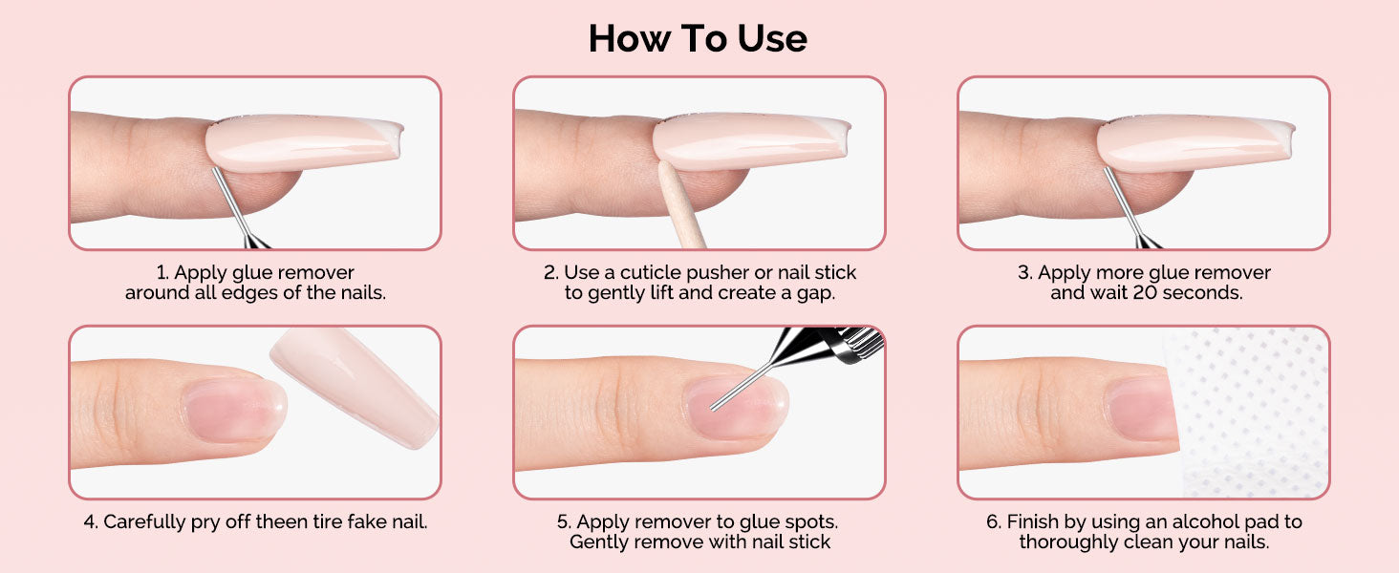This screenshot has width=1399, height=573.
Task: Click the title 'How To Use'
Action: (x=698, y=38)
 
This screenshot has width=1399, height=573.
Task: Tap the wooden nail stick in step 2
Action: (x=680, y=205)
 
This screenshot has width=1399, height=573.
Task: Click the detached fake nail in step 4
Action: (x=355, y=387)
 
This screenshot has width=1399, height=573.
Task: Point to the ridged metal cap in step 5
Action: (x=859, y=345)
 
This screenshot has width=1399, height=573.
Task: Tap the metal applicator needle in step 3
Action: (x=1130, y=208)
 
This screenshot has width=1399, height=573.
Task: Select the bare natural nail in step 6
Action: (x=1142, y=408)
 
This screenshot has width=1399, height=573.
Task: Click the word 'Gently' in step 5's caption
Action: (x=599, y=542)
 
